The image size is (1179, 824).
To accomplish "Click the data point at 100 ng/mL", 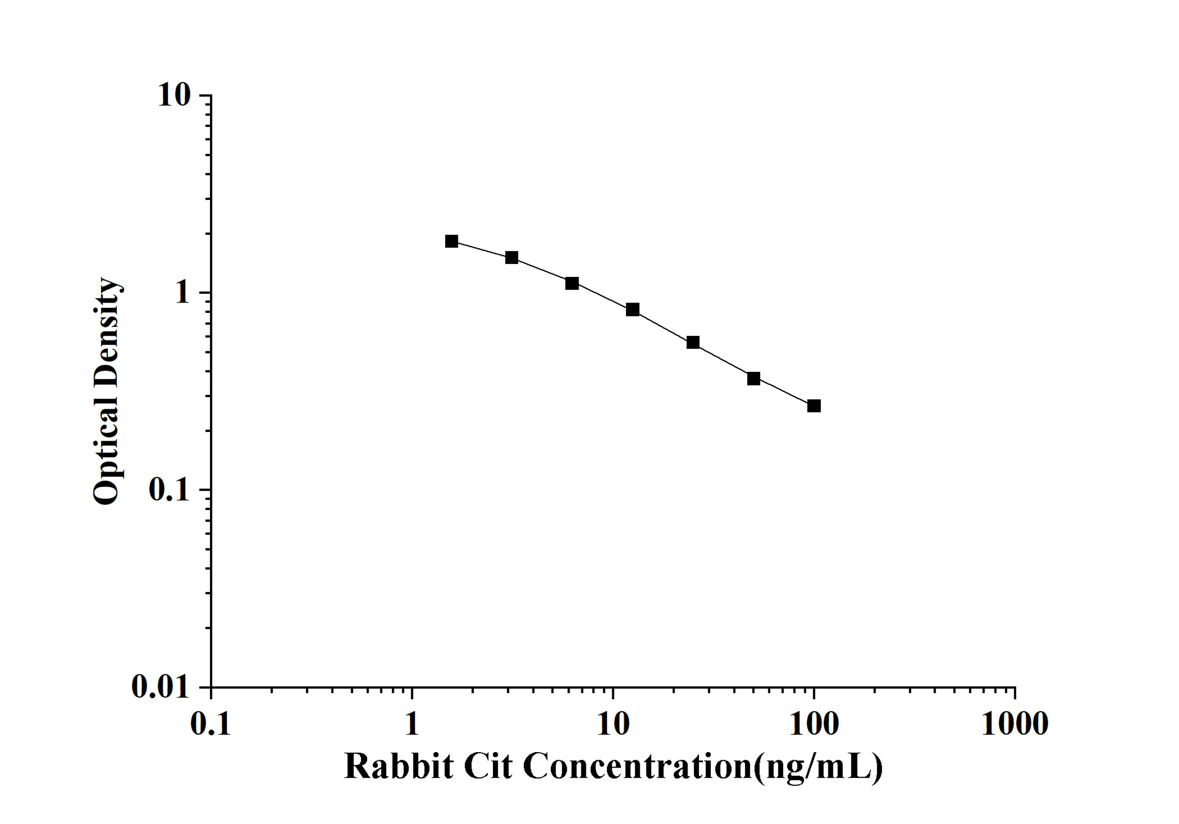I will [x=814, y=406].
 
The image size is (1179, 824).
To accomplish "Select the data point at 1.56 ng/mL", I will [x=452, y=241].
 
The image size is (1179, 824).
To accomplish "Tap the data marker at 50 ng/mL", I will [x=753, y=379].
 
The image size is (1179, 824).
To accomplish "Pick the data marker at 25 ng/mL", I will [x=693, y=342].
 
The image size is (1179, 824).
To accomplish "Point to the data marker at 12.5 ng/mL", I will [x=633, y=309].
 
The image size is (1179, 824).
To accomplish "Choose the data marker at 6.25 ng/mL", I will [x=572, y=283].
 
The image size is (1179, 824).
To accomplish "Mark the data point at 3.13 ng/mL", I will [x=511, y=257].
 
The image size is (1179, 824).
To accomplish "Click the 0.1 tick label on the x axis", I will [x=211, y=724].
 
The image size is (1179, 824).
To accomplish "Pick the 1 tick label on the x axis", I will [x=412, y=724].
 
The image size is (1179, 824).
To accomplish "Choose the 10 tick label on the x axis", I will [x=613, y=724].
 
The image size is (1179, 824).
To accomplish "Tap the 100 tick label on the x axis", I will [x=814, y=724].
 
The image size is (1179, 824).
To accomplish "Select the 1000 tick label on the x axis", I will [x=1015, y=724].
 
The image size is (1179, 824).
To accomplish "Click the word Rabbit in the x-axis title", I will [x=398, y=767].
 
